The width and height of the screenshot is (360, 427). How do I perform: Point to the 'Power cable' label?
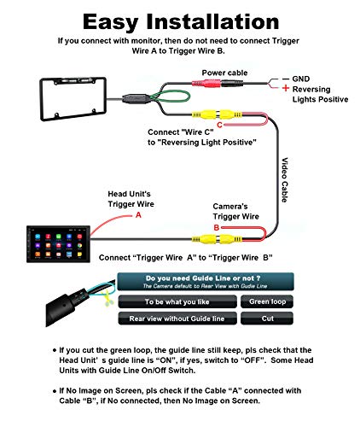[224, 73]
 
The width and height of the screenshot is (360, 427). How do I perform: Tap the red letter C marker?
[219, 126]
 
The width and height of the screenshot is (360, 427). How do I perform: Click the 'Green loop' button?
[268, 301]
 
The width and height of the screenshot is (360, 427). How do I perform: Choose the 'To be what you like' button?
[177, 301]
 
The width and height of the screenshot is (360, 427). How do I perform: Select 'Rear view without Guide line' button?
[177, 319]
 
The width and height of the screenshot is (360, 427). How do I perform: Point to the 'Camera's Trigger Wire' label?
[237, 211]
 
